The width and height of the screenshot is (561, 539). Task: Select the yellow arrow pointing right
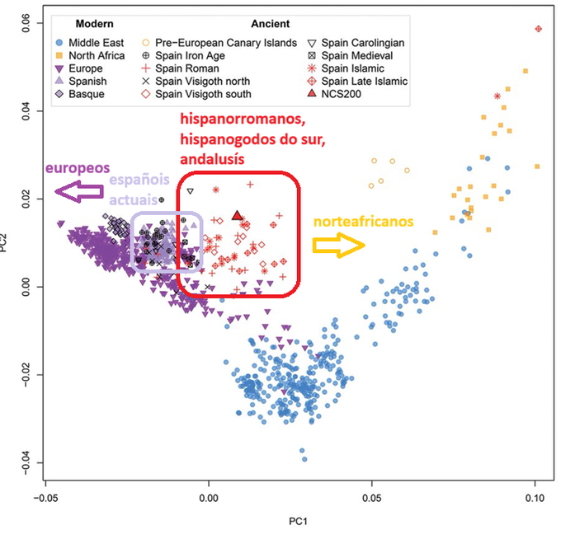coord(338,244)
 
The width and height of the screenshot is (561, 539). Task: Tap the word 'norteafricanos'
coord(363,222)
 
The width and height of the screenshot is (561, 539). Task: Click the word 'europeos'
coord(78,168)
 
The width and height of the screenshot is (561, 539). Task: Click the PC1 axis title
coord(291,522)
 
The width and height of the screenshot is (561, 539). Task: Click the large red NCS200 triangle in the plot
coord(238,216)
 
